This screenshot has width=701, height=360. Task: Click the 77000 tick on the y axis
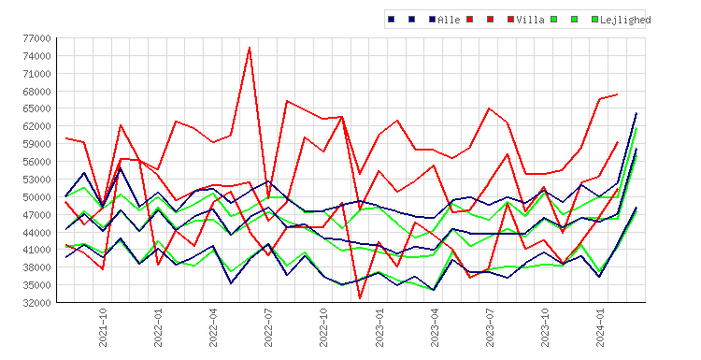(36, 38)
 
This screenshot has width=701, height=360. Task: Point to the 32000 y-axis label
(36, 303)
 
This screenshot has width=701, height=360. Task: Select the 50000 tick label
(36, 197)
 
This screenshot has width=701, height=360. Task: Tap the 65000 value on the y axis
(36, 108)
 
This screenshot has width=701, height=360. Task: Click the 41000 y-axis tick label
(36, 250)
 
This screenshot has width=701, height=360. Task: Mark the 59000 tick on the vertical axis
(36, 144)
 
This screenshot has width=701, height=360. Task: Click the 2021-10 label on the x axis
(103, 327)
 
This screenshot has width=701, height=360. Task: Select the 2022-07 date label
(268, 327)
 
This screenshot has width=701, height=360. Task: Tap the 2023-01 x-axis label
(379, 327)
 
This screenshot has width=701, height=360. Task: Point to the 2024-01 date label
(601, 327)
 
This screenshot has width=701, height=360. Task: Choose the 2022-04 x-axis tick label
(213, 327)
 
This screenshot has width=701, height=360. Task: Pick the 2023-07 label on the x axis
(490, 327)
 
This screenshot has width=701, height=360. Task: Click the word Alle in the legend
(449, 20)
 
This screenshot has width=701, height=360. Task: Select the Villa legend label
(530, 20)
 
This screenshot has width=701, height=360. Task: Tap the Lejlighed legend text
(625, 20)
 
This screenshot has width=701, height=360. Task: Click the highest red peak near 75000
(250, 48)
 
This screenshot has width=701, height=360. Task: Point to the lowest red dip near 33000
(360, 298)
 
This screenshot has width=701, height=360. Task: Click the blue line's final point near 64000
(637, 113)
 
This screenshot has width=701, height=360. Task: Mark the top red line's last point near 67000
(618, 94)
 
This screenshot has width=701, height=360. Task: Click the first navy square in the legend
(392, 20)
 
